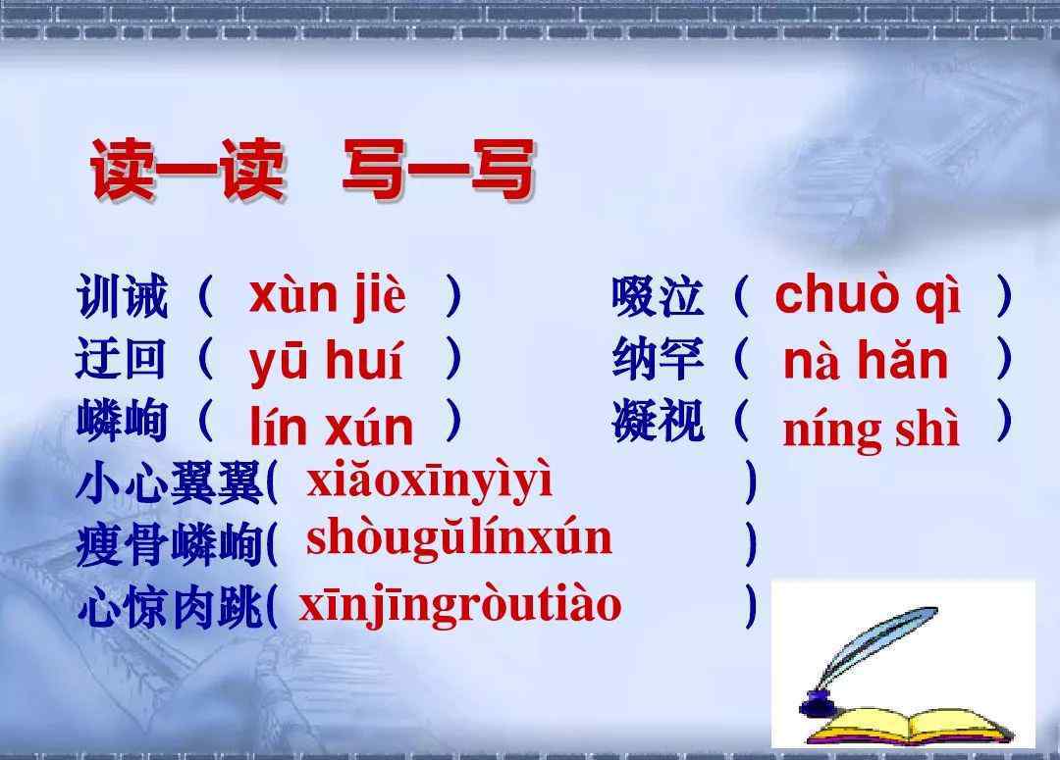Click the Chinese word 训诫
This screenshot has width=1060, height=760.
tap(122, 296)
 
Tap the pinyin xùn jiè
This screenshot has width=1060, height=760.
tap(327, 296)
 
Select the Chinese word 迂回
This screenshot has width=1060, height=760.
tap(121, 358)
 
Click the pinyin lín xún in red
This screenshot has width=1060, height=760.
tap(332, 426)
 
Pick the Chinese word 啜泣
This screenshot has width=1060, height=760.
tap(657, 296)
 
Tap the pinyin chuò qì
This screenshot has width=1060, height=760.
tap(868, 296)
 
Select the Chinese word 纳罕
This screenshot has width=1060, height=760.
tap(657, 358)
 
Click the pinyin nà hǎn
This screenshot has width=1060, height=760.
tap(866, 359)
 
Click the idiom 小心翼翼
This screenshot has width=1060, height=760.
tap(169, 482)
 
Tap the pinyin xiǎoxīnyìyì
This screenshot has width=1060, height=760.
tap(429, 481)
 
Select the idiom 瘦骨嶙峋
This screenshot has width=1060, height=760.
tap(169, 544)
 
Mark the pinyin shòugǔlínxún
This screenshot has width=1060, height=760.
tap(459, 540)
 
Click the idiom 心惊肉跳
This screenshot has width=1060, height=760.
tap(169, 607)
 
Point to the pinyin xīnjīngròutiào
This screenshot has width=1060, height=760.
tap(459, 606)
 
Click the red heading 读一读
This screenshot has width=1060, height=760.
tap(187, 169)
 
